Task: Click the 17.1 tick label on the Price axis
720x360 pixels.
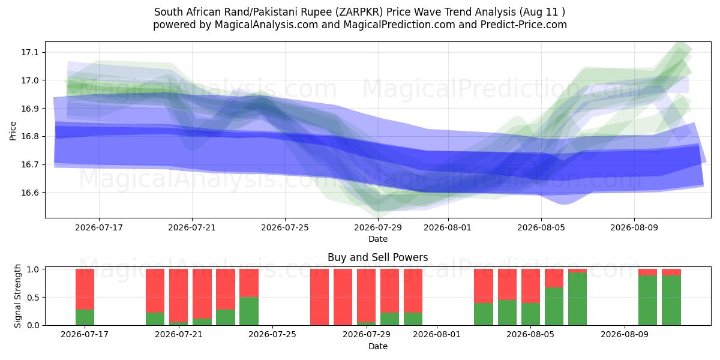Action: click(x=29, y=52)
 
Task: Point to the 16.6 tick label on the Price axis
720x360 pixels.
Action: click(x=29, y=193)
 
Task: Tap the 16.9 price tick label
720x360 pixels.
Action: click(x=29, y=109)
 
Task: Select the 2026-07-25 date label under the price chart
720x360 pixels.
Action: click(x=285, y=228)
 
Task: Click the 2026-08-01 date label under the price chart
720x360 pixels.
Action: click(x=448, y=228)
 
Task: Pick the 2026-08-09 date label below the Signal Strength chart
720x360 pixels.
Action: click(x=625, y=335)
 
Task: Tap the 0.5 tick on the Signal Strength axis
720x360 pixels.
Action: click(x=33, y=298)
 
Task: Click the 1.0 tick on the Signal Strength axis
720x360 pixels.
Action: click(x=33, y=269)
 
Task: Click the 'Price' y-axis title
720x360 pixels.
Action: click(x=13, y=131)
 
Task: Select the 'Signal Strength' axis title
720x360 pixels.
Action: click(x=17, y=296)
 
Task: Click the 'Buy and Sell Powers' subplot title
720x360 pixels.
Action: click(x=377, y=257)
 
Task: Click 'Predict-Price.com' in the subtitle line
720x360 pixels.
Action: click(x=524, y=25)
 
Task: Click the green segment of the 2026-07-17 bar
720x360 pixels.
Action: click(x=85, y=317)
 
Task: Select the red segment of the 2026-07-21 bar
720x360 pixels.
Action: click(x=178, y=296)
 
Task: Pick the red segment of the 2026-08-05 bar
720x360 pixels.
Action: click(x=530, y=286)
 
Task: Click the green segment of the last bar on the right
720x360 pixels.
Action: click(x=671, y=301)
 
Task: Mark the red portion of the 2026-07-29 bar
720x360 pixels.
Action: click(x=366, y=296)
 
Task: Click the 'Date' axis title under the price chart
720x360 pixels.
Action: click(x=377, y=239)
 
